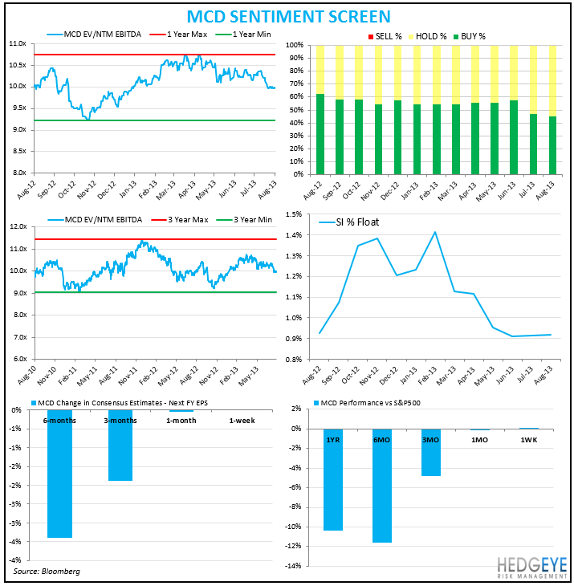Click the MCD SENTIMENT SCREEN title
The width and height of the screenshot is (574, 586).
pyautogui.click(x=288, y=16)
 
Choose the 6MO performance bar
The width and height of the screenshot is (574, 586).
pyautogui.click(x=382, y=486)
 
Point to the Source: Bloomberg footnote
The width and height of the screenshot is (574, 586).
pyautogui.click(x=47, y=571)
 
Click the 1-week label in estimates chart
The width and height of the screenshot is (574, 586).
pyautogui.click(x=243, y=420)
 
